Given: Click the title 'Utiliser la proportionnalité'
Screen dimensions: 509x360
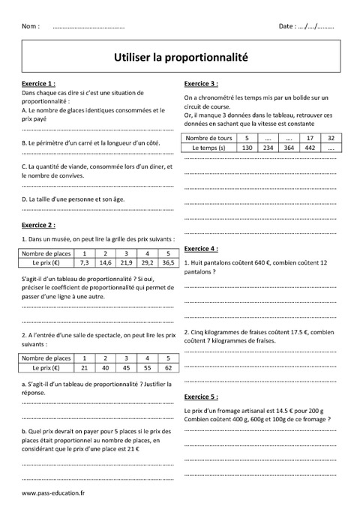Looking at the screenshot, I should (x=180, y=55).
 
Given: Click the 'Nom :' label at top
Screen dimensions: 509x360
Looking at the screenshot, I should (x=31, y=26).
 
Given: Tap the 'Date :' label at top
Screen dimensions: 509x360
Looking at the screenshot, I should (x=287, y=26).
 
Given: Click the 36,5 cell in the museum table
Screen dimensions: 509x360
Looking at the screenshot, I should (x=168, y=263).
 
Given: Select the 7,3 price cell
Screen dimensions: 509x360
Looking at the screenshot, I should (x=84, y=263).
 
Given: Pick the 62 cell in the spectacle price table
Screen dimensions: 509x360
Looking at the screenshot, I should (x=168, y=368).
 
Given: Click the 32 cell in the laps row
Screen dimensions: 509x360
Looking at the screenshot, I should (x=330, y=139).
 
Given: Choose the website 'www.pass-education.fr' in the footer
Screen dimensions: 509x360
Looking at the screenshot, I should (x=54, y=493).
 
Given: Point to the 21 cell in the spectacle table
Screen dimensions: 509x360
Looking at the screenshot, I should (x=84, y=368).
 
